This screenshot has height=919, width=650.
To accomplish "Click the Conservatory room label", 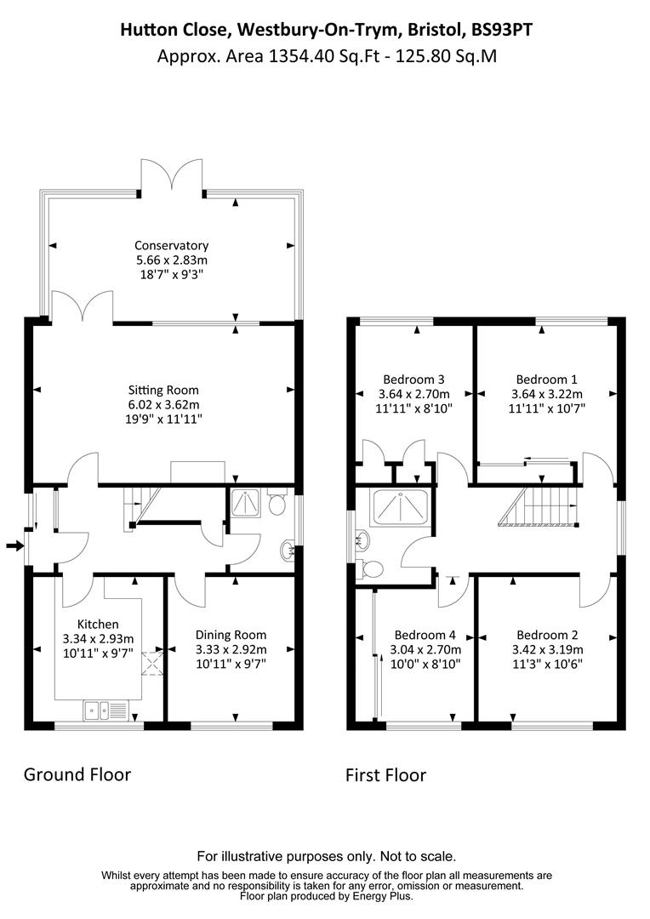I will point(171,245).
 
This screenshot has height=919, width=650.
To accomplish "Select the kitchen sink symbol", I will point(105,707).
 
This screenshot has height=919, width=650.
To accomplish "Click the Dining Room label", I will point(231,634).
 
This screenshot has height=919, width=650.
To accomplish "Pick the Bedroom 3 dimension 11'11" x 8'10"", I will point(414,408).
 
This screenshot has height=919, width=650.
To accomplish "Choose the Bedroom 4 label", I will point(425,635).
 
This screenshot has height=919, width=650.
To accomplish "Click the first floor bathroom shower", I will point(401,508).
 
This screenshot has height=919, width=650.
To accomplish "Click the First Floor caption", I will point(385,774).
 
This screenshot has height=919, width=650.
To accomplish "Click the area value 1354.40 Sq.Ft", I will point(299,57).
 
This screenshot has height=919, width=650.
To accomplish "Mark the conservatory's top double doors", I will point(173,177).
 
